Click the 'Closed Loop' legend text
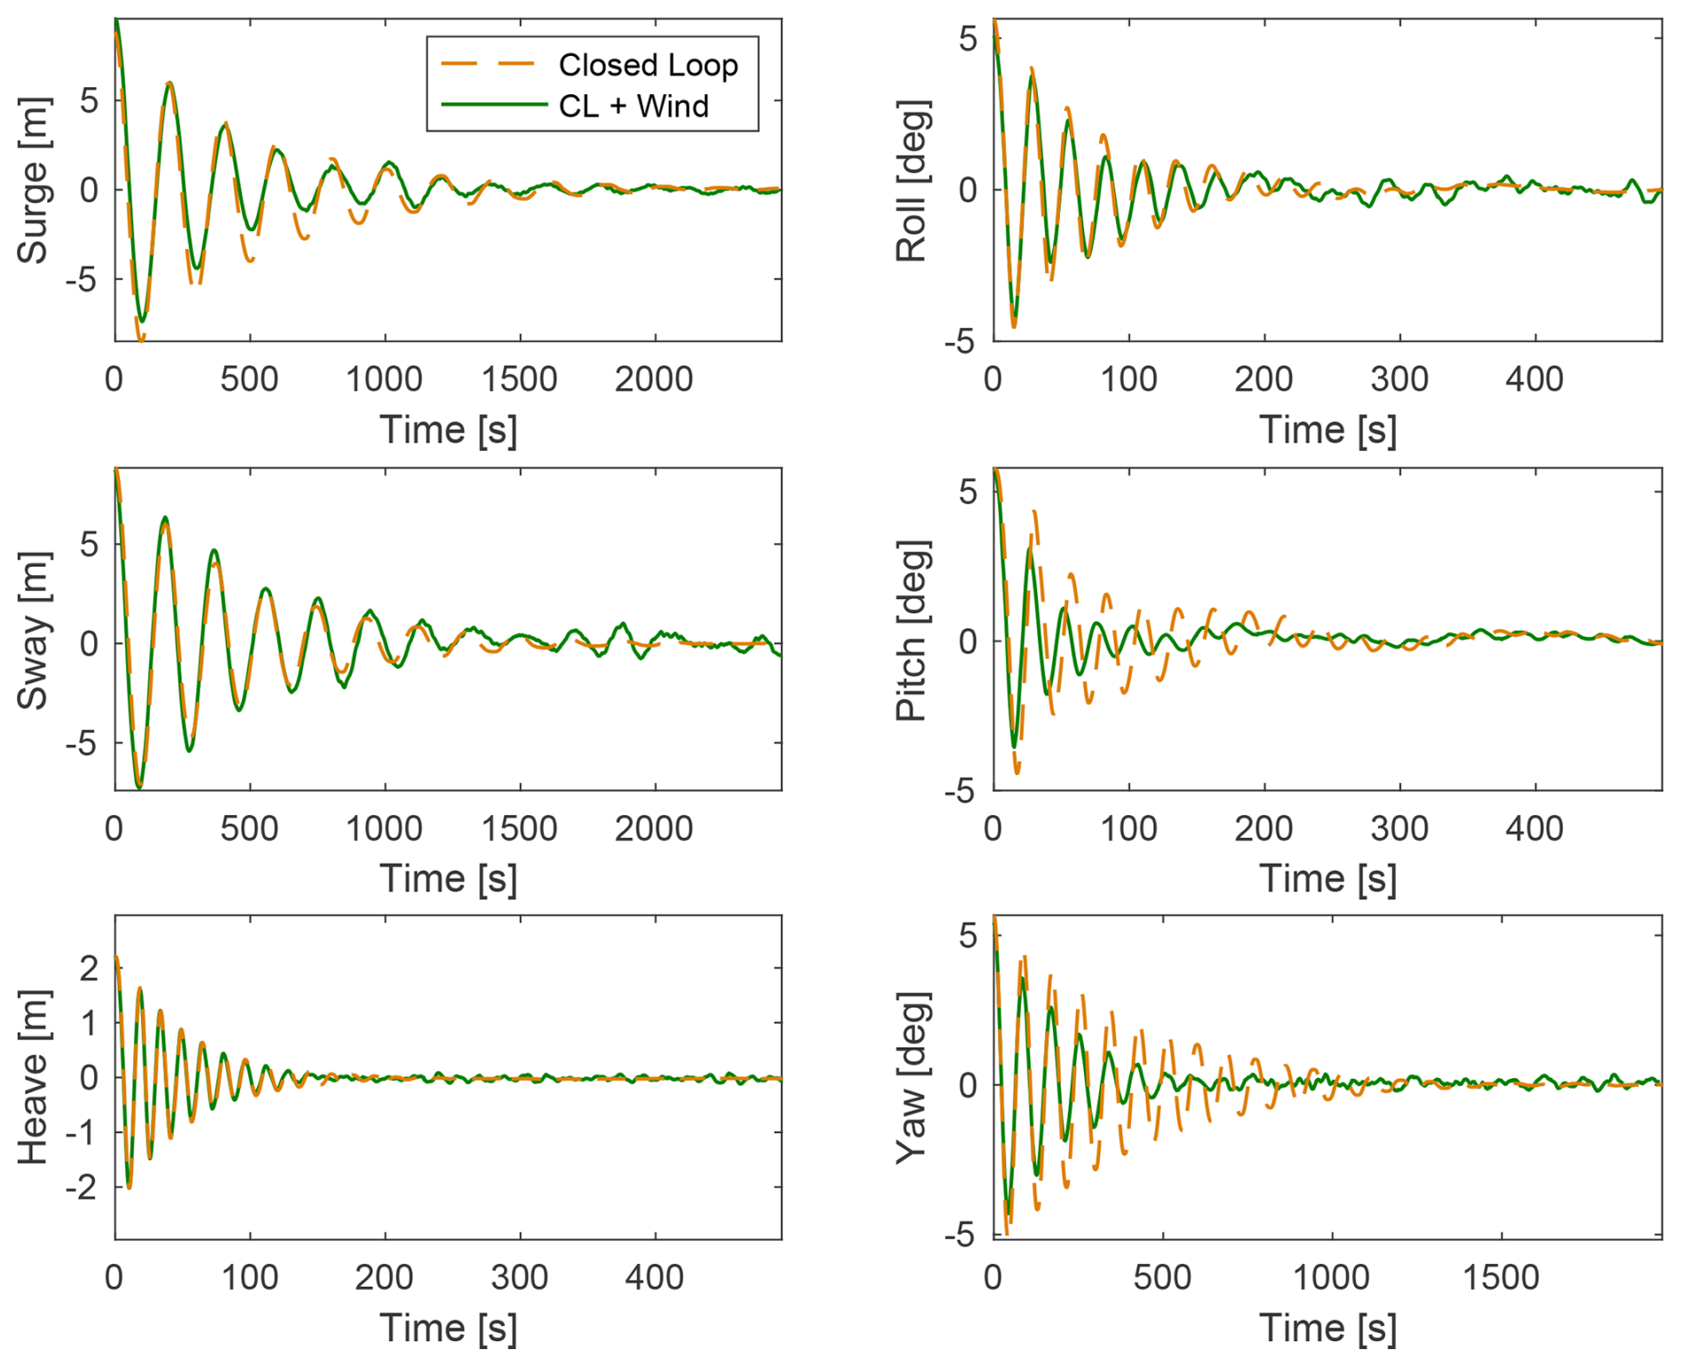(x=648, y=65)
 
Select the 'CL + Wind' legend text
(x=633, y=107)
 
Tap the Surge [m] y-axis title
(x=33, y=180)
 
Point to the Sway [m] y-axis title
(x=33, y=630)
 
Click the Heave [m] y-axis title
(x=33, y=1077)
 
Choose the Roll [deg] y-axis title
(x=912, y=181)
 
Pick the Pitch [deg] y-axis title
(x=912, y=630)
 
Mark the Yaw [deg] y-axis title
(x=912, y=1078)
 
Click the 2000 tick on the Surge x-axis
(x=654, y=379)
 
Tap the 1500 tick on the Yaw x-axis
(x=1501, y=1277)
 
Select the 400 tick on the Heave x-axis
(x=654, y=1277)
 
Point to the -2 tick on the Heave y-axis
(x=85, y=1186)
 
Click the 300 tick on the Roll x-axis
(x=1399, y=379)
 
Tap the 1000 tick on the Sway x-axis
(x=384, y=828)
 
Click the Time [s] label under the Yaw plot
(x=1327, y=1328)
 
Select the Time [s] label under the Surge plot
(x=448, y=430)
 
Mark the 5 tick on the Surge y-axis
(x=89, y=100)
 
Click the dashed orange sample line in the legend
(x=489, y=64)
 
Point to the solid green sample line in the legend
(x=493, y=105)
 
